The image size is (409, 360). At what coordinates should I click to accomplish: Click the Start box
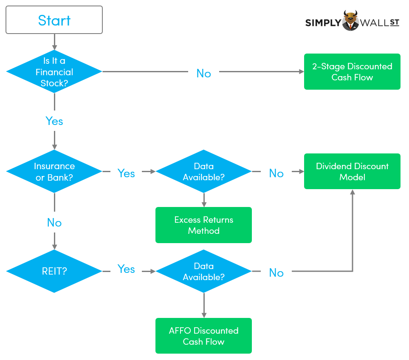pos(54,20)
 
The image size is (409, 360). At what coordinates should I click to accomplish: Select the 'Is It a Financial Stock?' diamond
pos(54,72)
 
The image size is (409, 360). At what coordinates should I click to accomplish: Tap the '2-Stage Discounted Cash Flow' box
pos(352,72)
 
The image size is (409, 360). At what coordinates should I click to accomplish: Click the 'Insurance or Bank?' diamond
pos(54,172)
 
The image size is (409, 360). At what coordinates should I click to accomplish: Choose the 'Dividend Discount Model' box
pos(352,171)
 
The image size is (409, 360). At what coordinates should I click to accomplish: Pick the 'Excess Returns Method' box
pos(203,225)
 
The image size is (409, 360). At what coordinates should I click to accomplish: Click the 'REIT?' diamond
pos(54,271)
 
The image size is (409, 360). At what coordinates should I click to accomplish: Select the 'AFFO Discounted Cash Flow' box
pos(203,336)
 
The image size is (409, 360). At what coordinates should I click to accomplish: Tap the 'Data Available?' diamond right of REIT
pos(203,271)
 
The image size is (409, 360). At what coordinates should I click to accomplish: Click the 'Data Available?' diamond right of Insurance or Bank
pos(203,172)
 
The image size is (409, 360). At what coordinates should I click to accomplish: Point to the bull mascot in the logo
pos(351,20)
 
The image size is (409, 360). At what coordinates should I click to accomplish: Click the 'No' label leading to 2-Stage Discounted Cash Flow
pos(203,74)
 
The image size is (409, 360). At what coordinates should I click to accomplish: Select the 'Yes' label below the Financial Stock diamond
pos(54,122)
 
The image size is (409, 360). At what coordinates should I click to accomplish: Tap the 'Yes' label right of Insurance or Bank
pos(126,173)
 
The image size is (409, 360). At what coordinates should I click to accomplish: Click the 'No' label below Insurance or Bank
pos(54,223)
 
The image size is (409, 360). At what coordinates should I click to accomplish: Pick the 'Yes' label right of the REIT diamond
pos(126,269)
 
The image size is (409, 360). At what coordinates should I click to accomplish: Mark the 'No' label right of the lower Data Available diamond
pos(276,273)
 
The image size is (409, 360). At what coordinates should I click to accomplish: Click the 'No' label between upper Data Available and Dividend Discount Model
pos(276,173)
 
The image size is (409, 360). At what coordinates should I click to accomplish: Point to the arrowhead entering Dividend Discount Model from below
pos(352,193)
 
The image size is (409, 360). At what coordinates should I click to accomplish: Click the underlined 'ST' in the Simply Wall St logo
pos(394,22)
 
